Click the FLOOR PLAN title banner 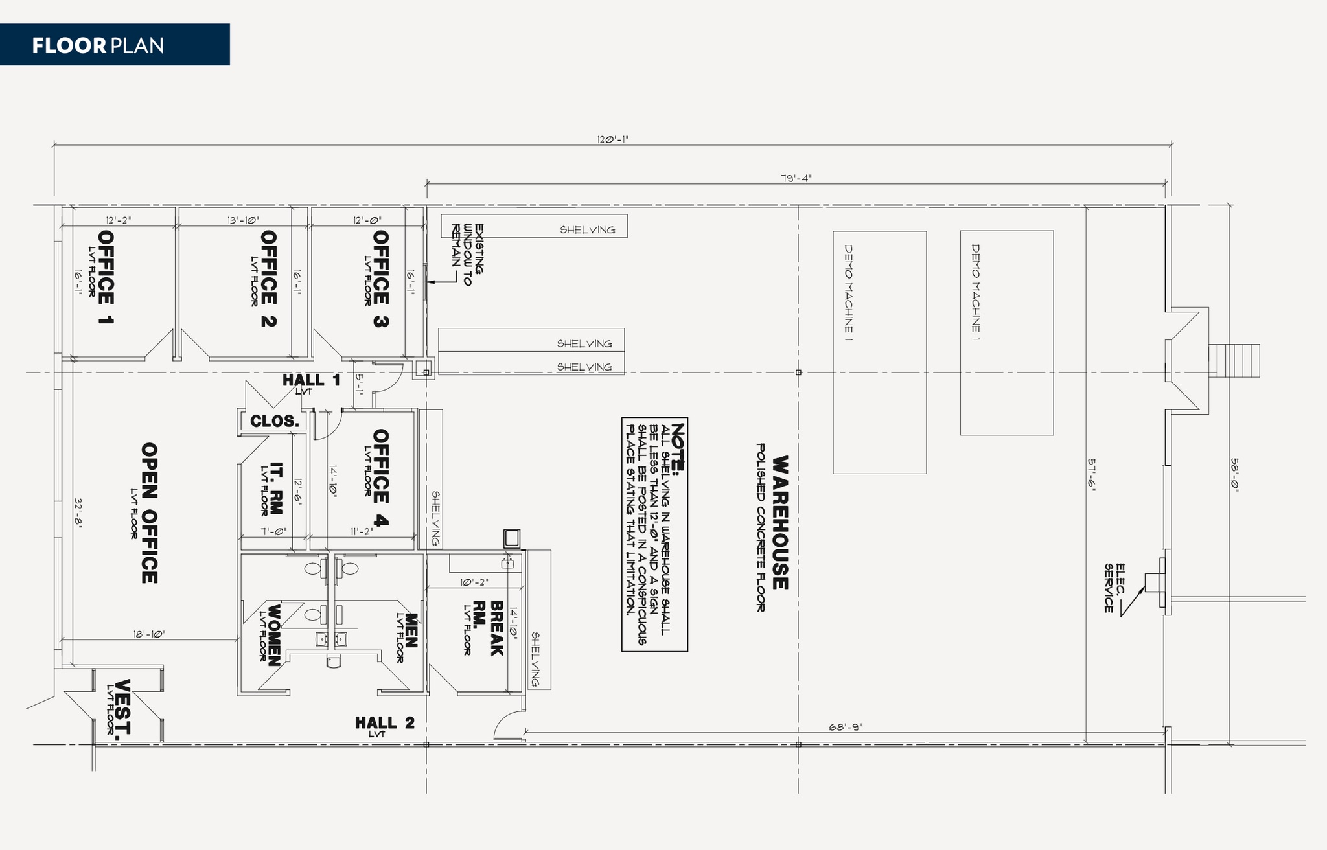(x=114, y=45)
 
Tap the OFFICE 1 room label (x=106, y=277)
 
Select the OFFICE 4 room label (x=381, y=478)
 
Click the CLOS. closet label (x=275, y=421)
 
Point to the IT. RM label (x=276, y=488)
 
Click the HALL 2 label (x=384, y=722)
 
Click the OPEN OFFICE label (x=149, y=513)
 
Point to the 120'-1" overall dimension (x=612, y=139)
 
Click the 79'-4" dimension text (x=796, y=178)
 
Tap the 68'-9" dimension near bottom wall (x=846, y=728)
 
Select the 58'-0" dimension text (x=1234, y=476)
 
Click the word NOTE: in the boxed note (x=678, y=448)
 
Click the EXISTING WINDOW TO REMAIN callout (x=468, y=255)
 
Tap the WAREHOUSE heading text (x=780, y=522)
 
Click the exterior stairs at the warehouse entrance (x=1234, y=360)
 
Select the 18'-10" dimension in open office (x=150, y=634)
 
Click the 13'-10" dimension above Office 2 (x=243, y=220)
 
